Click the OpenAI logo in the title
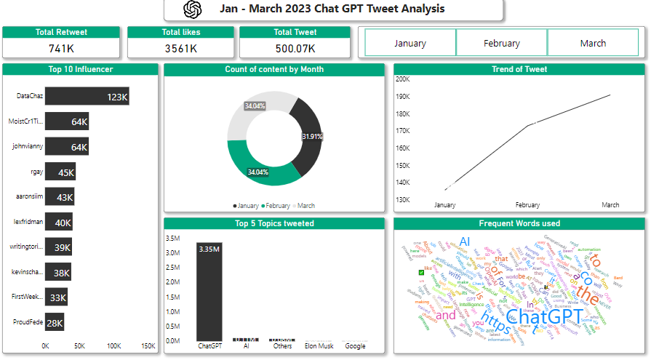[192, 9]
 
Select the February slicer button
[501, 43]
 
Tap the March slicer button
[593, 43]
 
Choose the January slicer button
[410, 43]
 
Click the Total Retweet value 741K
[62, 48]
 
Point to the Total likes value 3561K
[181, 48]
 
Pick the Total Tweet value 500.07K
[295, 48]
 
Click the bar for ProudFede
[55, 322]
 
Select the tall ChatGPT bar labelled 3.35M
[209, 291]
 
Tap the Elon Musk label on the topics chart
[319, 346]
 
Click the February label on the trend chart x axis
[527, 205]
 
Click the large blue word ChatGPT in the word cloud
[543, 317]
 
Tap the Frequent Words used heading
[519, 223]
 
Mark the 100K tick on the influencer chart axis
[114, 346]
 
